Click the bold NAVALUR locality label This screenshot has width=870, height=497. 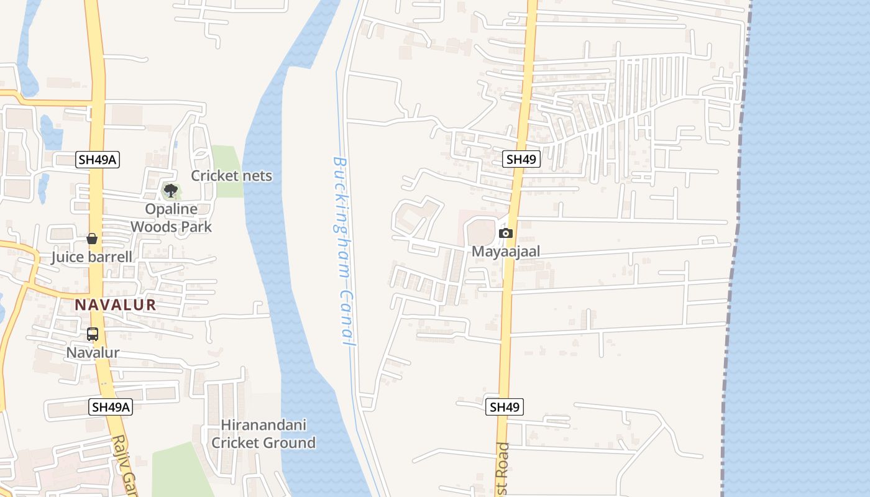pos(116,305)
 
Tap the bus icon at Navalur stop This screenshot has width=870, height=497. pos(93,334)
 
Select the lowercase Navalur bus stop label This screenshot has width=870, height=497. pos(93,353)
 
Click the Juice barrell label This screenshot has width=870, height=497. pos(91,257)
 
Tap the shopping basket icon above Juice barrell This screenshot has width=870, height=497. pos(92,239)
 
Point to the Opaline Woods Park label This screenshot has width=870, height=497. pos(171,218)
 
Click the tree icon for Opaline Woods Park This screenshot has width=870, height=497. pos(170,191)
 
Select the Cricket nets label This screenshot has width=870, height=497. pos(231,176)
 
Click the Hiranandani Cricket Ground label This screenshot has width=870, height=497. pos(263,434)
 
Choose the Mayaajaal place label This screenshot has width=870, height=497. pos(506,252)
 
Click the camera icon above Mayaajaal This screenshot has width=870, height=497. pos(506,234)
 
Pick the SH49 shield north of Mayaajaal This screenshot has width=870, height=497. pos(521,159)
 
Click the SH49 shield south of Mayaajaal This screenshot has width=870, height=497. pos(504,407)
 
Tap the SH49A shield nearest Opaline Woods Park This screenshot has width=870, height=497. pos(98,160)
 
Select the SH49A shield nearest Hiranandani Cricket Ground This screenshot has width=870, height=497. pos(111,407)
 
